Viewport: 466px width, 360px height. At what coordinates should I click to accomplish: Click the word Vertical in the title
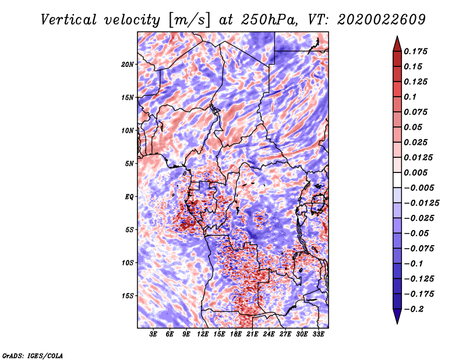click(x=69, y=20)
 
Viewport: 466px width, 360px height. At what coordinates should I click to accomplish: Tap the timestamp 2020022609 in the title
click(x=382, y=20)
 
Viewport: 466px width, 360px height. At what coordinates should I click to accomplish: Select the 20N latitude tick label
click(x=128, y=65)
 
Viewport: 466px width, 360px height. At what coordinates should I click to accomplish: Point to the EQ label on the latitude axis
click(x=129, y=197)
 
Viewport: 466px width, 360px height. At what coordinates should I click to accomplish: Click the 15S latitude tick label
click(x=128, y=296)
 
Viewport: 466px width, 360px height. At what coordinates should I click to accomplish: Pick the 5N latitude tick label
click(x=129, y=164)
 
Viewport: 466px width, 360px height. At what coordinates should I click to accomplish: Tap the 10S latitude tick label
click(x=128, y=263)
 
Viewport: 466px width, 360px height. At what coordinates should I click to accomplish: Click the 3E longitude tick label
click(x=153, y=334)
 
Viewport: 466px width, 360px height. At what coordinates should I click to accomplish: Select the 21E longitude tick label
click(x=252, y=334)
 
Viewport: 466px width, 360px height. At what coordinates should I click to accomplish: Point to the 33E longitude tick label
click(x=318, y=334)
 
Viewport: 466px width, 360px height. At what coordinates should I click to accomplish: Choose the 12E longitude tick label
click(x=203, y=334)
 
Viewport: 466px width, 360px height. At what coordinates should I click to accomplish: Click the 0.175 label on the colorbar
click(x=415, y=51)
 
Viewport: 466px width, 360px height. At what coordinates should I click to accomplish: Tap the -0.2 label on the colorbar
click(x=414, y=309)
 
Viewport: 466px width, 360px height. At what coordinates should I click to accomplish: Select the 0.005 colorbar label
click(x=415, y=172)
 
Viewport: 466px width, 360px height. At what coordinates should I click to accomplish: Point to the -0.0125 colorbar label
click(x=422, y=203)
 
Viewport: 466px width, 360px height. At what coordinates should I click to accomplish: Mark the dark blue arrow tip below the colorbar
click(x=397, y=323)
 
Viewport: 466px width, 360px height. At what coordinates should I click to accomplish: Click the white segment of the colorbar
click(x=397, y=180)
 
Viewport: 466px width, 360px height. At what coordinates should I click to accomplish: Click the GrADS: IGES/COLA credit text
click(x=33, y=355)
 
